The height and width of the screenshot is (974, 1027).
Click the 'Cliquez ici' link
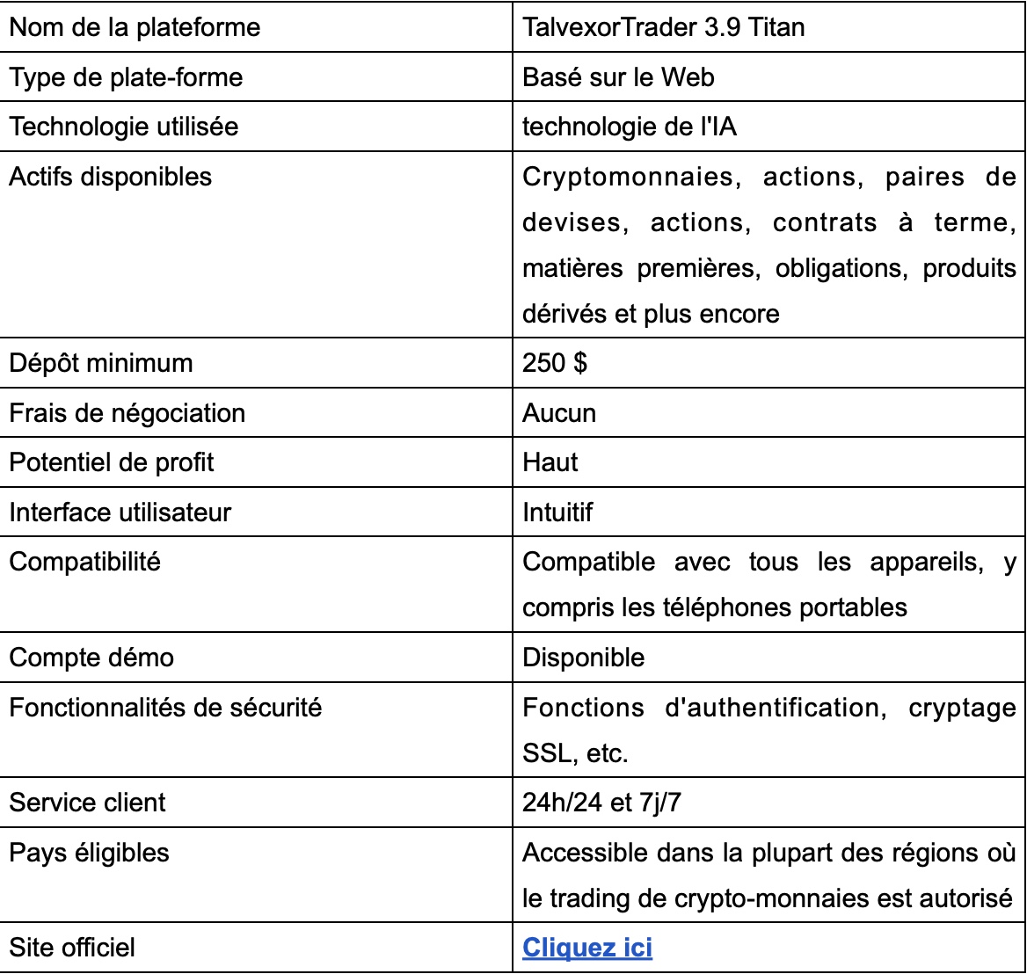pos(587,948)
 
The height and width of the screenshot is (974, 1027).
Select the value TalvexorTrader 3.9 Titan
pos(663,27)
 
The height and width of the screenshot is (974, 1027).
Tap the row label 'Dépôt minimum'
pos(100,363)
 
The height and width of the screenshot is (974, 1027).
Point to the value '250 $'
pos(554,363)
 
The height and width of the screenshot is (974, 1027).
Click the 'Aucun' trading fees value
pos(559,412)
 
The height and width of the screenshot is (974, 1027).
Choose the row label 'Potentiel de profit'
pos(112,462)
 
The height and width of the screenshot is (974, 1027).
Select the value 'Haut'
pos(550,462)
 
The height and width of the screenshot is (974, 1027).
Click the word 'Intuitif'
pos(557,512)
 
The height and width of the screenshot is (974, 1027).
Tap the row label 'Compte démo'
pos(91,658)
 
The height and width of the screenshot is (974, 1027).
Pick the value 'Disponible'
pos(583,658)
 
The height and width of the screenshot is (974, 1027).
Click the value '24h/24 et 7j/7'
pos(601,803)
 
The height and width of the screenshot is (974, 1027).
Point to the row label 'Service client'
pos(87,803)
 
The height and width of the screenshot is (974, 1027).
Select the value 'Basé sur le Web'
pos(618,77)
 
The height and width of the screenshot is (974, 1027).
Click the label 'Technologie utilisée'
pos(123,127)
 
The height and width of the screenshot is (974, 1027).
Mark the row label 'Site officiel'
pos(72,948)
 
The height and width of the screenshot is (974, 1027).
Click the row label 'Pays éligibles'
pos(89,853)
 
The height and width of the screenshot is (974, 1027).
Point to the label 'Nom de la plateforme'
pos(135,27)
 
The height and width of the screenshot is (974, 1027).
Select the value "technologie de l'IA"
pos(630,127)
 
